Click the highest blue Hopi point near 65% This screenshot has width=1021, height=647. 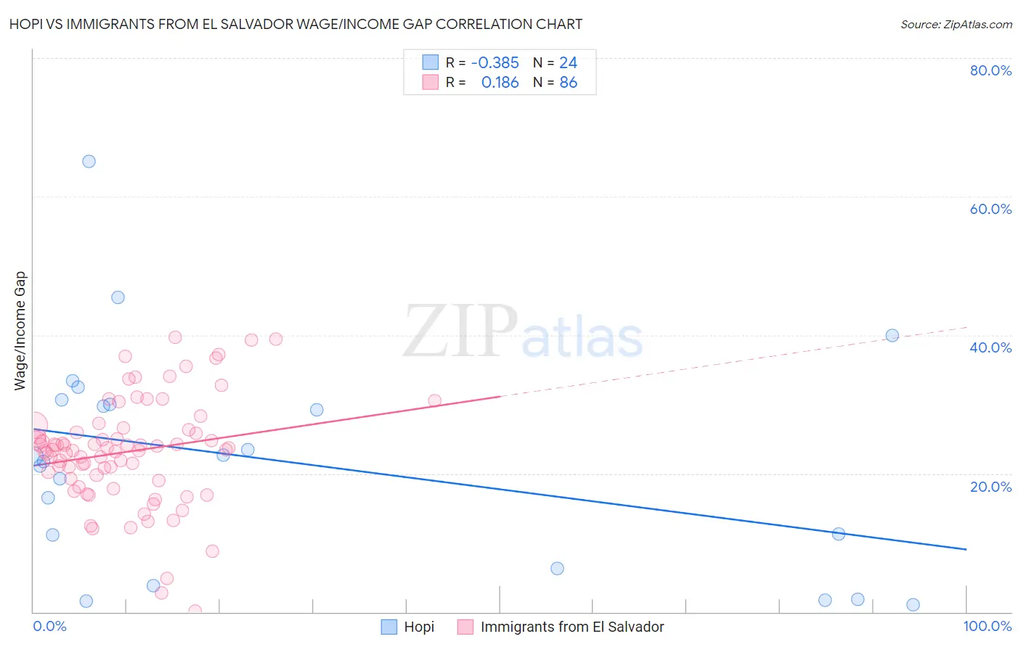(x=89, y=162)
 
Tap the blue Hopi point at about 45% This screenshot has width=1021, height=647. (x=118, y=297)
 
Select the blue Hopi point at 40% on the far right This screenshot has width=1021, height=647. (x=892, y=335)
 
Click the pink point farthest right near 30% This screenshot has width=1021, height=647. (x=434, y=400)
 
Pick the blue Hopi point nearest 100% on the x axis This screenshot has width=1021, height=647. (x=913, y=605)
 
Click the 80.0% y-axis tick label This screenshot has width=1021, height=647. (x=991, y=70)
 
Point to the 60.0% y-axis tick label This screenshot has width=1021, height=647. (x=991, y=209)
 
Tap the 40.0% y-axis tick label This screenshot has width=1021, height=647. (x=991, y=347)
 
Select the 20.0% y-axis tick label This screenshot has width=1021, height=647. (x=991, y=487)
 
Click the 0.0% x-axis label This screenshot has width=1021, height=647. (x=49, y=626)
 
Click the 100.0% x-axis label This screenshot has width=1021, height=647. (x=988, y=626)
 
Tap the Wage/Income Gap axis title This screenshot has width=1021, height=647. (x=20, y=331)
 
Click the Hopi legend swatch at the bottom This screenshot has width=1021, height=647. (x=389, y=627)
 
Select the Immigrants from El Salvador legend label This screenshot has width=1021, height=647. (x=572, y=627)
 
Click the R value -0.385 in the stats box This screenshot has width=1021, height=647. (x=495, y=63)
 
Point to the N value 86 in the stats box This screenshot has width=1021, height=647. (x=568, y=83)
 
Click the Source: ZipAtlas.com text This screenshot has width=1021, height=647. (x=956, y=25)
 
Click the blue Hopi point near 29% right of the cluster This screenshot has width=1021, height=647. (x=317, y=410)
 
